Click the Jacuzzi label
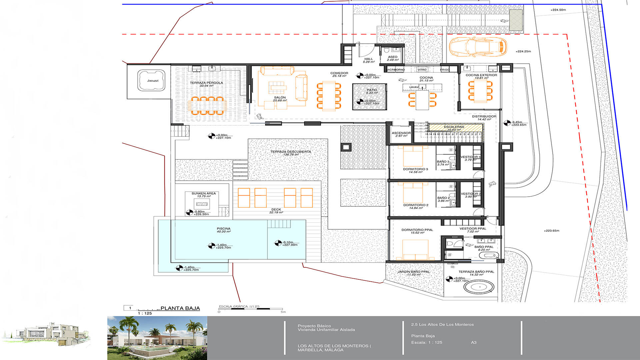point(153,81)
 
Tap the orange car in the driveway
point(478,47)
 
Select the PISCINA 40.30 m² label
point(224,230)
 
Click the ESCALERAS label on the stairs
point(454,127)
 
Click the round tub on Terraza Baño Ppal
point(479,287)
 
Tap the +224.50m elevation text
point(558,10)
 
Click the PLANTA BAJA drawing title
point(180,308)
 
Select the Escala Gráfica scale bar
point(252,309)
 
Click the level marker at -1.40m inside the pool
point(212,246)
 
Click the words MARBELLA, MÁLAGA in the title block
point(320,350)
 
